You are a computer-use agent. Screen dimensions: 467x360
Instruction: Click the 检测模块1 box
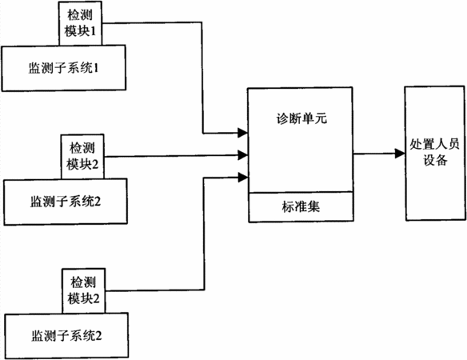point(80,23)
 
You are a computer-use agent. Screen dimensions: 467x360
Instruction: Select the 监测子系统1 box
point(63,68)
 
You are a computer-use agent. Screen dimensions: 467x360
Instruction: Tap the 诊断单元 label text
point(301,118)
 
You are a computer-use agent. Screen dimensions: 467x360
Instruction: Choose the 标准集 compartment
point(301,207)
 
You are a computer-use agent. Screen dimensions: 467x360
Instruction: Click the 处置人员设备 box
point(435,153)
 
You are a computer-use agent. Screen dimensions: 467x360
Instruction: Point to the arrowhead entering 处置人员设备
point(400,153)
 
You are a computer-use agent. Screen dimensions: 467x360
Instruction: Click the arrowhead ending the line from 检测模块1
point(243,132)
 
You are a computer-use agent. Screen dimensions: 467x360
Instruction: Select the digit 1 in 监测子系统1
point(96,68)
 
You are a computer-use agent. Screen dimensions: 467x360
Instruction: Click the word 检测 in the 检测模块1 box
point(80,15)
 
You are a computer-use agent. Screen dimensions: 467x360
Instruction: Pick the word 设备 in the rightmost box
point(435,160)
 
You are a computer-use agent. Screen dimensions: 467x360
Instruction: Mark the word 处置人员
point(434,144)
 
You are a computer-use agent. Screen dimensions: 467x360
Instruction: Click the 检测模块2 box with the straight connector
point(82,157)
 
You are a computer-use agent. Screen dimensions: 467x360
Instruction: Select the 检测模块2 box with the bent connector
point(84,291)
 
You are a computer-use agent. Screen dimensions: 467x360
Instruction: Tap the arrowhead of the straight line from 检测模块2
point(243,155)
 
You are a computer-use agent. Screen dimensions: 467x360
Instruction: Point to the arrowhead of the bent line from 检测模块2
point(243,178)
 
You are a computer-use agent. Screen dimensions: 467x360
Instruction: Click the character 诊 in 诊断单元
point(282,118)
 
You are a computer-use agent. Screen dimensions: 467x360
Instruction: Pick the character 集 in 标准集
point(313,207)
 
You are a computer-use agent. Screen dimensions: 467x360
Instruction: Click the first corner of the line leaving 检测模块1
point(202,22)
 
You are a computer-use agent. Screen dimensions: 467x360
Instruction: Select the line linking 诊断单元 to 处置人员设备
point(379,154)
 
